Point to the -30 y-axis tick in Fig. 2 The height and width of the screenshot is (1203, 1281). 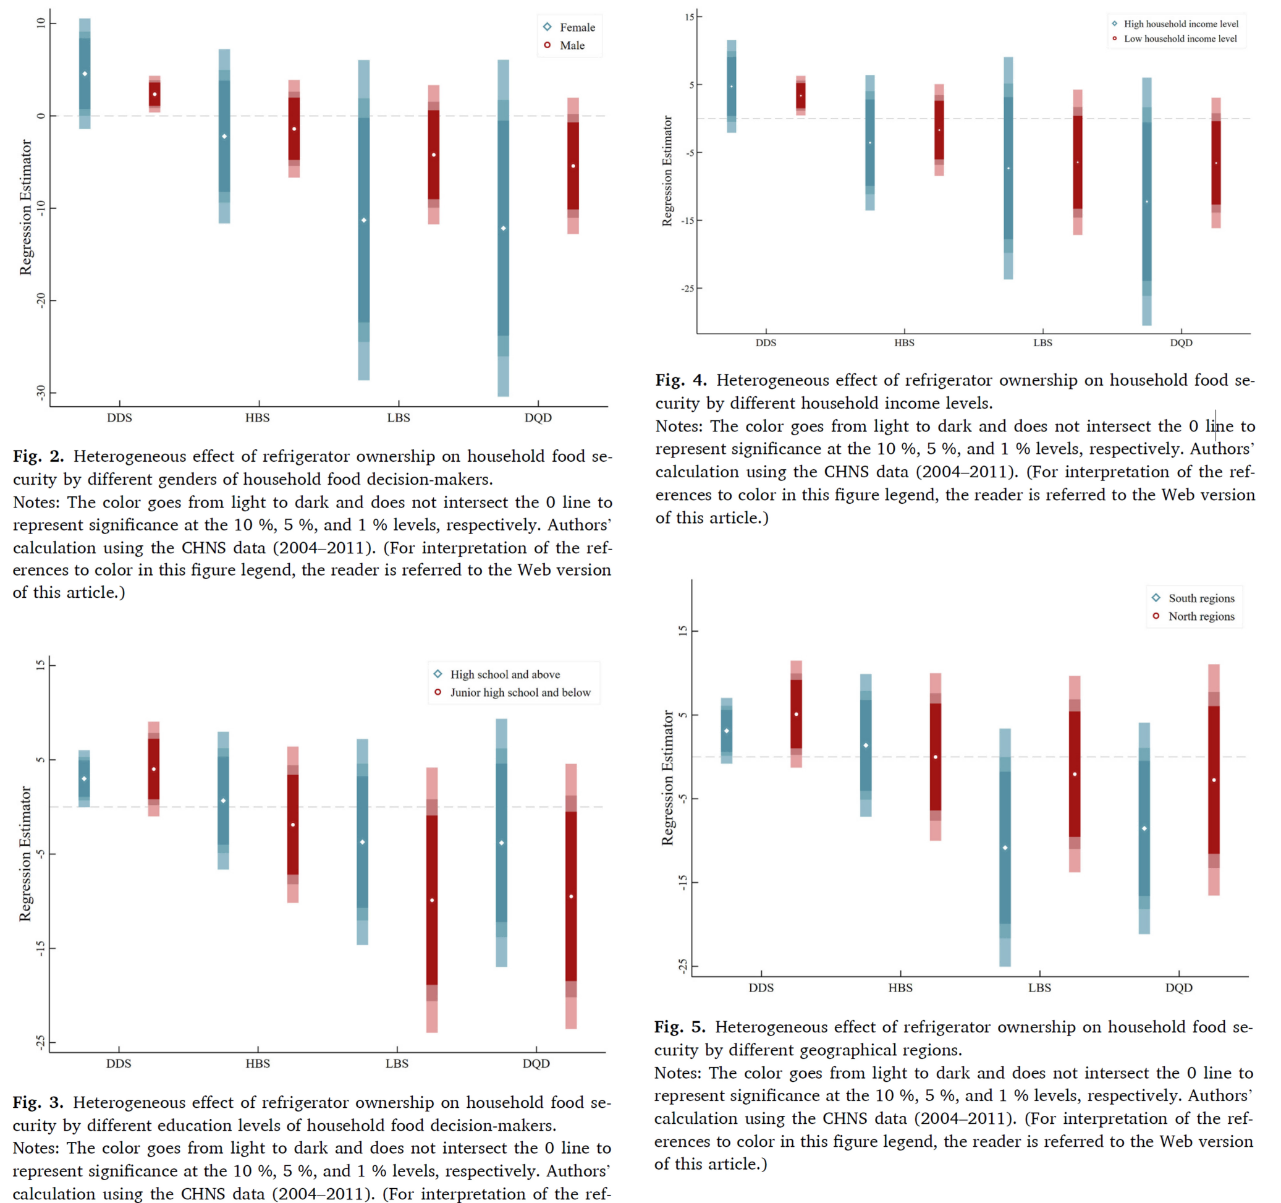(x=41, y=392)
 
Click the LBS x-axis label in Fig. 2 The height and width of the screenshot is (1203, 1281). (x=398, y=418)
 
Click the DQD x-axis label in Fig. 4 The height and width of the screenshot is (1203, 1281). (x=1181, y=343)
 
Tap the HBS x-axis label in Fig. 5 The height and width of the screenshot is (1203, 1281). (x=900, y=988)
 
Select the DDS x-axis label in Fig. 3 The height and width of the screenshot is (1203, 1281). (x=119, y=1064)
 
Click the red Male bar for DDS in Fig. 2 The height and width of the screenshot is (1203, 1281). (x=154, y=94)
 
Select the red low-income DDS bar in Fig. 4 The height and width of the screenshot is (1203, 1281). (x=800, y=95)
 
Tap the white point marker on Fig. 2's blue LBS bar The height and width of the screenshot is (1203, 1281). (x=364, y=221)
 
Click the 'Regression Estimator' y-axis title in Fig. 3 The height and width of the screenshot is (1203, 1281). (x=25, y=854)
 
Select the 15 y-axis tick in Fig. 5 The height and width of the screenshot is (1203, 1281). (x=682, y=631)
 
